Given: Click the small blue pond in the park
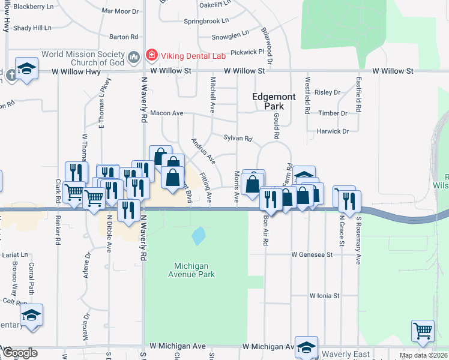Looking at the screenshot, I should point(198,235).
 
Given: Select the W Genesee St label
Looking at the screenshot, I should point(312,254).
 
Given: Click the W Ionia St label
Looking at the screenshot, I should point(324,296).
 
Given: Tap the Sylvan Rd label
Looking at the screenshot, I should point(237,138).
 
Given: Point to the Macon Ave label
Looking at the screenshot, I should point(166,113).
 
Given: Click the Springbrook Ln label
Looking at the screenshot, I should point(207,20).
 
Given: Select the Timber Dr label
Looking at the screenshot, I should point(333,113).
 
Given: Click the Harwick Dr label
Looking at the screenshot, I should point(333,131).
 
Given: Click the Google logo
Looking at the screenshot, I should point(19,353).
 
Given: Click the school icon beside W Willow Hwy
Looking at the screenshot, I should point(27,68).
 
